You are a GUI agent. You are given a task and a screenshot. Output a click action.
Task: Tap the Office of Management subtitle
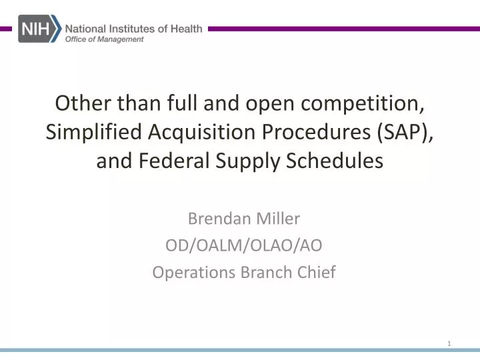[x=104, y=40]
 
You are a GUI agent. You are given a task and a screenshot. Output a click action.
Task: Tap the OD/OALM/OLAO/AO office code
[x=243, y=245]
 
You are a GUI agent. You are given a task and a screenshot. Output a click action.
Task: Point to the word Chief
[x=316, y=272]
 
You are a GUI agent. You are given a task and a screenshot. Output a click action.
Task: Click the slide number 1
[x=450, y=343]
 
